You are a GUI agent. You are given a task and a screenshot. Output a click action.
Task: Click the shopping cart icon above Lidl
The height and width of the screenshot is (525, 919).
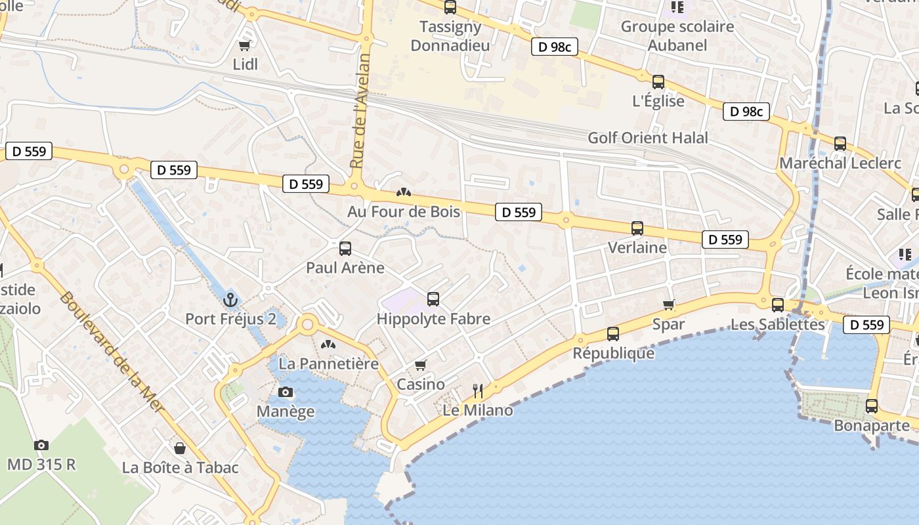tap(245, 45)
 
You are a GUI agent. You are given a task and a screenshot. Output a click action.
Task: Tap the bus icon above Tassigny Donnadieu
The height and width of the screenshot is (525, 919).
tap(450, 7)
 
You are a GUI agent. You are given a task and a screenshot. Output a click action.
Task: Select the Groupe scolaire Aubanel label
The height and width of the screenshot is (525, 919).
tap(677, 36)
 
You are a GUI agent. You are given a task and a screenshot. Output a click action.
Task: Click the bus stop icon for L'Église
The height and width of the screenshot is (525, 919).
tap(658, 82)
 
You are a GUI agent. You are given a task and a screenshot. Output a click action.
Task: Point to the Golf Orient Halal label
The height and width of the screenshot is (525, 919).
tap(648, 138)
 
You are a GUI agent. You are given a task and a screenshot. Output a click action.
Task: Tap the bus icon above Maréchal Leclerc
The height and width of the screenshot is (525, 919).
tap(840, 144)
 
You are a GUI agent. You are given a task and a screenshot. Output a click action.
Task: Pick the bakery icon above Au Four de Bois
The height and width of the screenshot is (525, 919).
tap(404, 192)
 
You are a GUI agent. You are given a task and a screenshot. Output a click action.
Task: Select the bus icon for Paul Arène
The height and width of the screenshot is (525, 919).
tap(345, 249)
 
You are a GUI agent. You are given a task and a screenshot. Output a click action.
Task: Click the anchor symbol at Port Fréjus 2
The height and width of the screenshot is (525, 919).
tap(230, 300)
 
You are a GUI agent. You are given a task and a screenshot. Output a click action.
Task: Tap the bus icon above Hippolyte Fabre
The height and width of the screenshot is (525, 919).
tap(433, 299)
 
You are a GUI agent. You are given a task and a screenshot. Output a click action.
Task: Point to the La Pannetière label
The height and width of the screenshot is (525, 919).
tap(329, 364)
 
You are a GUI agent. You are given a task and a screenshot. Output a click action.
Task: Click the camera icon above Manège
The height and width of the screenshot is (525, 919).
tap(286, 392)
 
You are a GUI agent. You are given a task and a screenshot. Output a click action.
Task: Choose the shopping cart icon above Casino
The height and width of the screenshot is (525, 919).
tap(421, 365)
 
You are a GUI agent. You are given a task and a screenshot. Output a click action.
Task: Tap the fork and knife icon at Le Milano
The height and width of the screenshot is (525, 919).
tap(478, 391)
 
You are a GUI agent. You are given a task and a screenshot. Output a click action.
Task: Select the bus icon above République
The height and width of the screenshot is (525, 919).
tap(613, 334)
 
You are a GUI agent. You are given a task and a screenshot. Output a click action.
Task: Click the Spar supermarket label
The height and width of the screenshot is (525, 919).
tap(668, 324)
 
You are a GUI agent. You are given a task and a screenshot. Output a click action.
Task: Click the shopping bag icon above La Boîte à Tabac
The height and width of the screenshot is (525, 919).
tap(180, 448)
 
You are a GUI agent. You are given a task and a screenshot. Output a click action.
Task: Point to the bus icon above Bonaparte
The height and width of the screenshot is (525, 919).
tap(872, 406)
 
